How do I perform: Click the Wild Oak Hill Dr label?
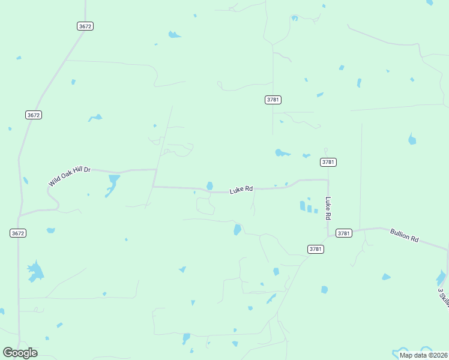70,176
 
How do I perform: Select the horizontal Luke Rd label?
241,190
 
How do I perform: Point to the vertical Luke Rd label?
328,208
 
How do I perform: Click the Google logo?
20,353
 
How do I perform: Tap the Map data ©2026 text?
423,355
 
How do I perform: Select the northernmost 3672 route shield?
85,26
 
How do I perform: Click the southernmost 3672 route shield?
18,233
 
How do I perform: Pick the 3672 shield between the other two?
34,115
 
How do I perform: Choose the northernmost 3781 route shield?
273,100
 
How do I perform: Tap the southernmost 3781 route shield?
316,249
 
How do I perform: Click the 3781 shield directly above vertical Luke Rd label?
328,162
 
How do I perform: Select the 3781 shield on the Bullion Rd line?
343,233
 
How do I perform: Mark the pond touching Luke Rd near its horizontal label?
209,186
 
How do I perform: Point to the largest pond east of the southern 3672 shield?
35,271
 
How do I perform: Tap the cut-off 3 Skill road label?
444,297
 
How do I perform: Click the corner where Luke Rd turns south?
328,179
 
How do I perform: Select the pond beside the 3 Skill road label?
441,278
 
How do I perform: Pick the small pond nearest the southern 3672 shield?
50,230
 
